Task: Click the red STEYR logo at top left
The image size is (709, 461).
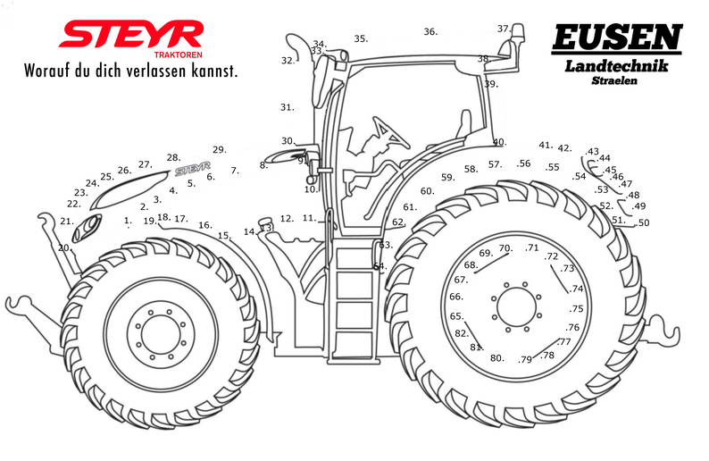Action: pyautogui.click(x=130, y=35)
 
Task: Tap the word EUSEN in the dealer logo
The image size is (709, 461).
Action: pyautogui.click(x=617, y=38)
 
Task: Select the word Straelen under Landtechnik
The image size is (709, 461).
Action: pyautogui.click(x=614, y=80)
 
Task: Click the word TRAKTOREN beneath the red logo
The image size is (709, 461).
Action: pyautogui.click(x=179, y=54)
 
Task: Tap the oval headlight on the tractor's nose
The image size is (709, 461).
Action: pyautogui.click(x=87, y=228)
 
